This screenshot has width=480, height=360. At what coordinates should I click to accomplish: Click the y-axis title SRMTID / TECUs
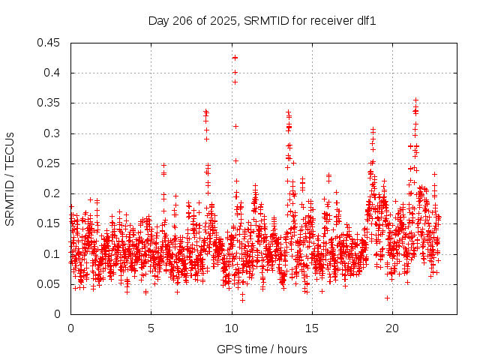coord(10,179)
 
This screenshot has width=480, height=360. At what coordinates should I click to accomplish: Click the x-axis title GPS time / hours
coord(262,349)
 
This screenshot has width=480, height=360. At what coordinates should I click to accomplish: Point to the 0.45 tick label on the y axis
coord(50,43)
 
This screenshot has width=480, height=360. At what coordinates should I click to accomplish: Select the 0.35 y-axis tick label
coord(50,103)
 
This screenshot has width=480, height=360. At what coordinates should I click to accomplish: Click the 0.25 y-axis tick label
coord(50,163)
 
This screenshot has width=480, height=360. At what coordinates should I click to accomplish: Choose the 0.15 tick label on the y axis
coord(50,223)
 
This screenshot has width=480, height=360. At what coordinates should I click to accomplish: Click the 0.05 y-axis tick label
coord(50,284)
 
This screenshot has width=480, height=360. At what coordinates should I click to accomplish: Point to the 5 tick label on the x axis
coord(151,328)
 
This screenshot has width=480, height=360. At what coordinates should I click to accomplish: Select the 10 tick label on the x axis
coord(231,328)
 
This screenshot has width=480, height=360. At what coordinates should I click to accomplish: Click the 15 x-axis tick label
coord(311,328)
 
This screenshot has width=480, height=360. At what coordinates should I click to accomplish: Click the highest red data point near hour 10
coord(235,58)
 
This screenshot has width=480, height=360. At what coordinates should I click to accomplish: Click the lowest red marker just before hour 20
coord(387,298)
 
